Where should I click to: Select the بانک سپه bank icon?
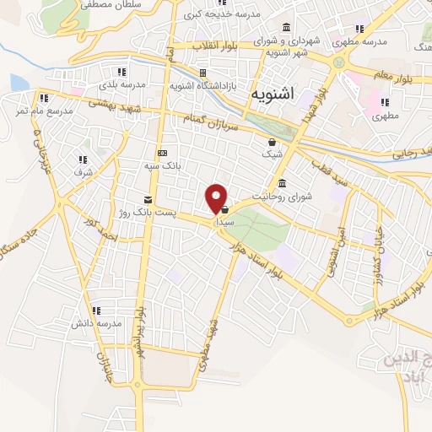(x=162, y=153)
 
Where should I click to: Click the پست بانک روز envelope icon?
(x=148, y=200)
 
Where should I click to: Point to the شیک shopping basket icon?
(x=272, y=143)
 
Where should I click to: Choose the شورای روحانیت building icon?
(x=282, y=184)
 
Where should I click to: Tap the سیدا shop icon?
(x=225, y=209)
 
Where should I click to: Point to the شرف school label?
(x=82, y=171)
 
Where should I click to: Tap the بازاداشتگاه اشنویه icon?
(x=202, y=73)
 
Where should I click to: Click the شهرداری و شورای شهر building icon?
(x=287, y=27)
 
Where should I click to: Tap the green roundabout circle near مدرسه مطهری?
(x=340, y=61)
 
